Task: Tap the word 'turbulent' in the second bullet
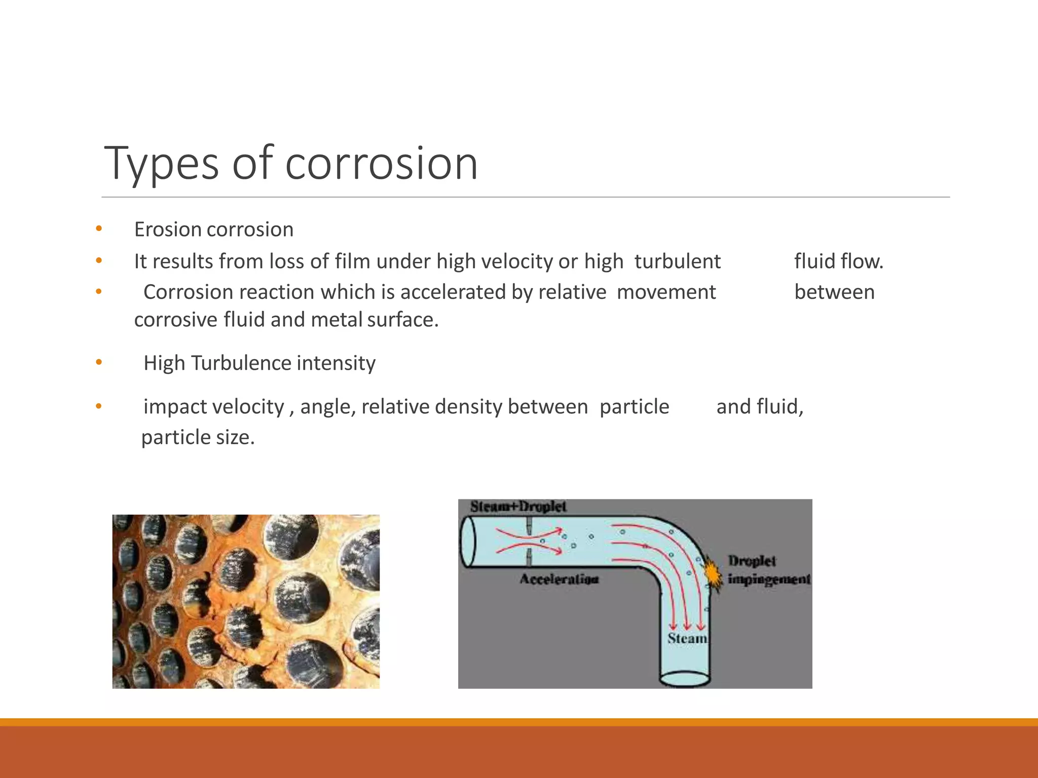pyautogui.click(x=677, y=261)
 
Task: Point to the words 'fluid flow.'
pyautogui.click(x=838, y=261)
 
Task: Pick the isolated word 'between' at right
pyautogui.click(x=834, y=292)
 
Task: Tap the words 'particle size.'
pyautogui.click(x=198, y=438)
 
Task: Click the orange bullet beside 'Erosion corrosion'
pyautogui.click(x=99, y=229)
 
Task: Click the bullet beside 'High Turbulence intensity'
pyautogui.click(x=99, y=362)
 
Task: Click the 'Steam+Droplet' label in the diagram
pyautogui.click(x=518, y=507)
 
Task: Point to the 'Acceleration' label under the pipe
pyautogui.click(x=559, y=579)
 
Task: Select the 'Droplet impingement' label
pyautogui.click(x=768, y=570)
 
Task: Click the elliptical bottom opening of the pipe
pyautogui.click(x=684, y=678)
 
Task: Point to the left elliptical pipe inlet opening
pyautogui.click(x=468, y=542)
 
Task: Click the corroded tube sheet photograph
pyautogui.click(x=246, y=601)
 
